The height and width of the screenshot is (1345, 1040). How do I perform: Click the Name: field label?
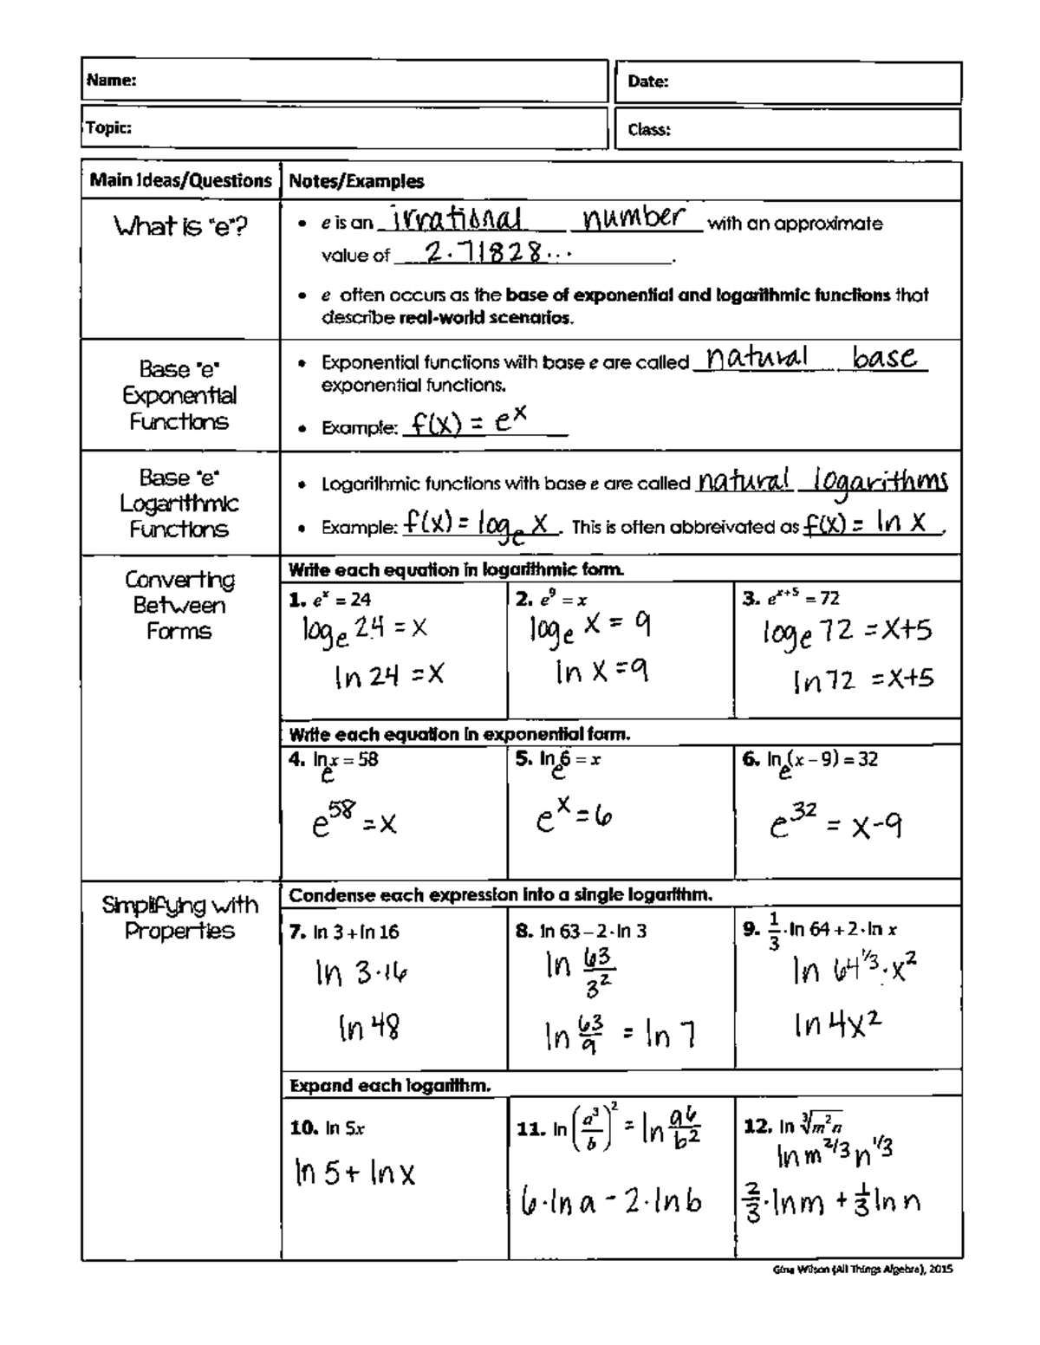point(112,81)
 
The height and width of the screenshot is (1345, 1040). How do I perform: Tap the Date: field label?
point(648,82)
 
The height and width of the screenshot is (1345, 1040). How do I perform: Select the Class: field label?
point(649,130)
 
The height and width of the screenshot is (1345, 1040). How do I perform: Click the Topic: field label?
point(109,128)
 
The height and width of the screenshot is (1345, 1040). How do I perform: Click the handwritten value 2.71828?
point(485,252)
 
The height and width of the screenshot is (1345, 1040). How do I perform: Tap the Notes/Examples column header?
point(356,181)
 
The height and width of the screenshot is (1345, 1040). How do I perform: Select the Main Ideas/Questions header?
point(180,180)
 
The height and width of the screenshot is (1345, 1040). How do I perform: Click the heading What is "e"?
point(180,227)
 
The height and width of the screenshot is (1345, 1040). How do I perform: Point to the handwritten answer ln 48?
point(369,1028)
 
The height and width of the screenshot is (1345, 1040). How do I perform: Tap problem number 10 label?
point(304,1127)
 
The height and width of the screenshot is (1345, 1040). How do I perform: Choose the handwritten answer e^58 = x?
point(354,822)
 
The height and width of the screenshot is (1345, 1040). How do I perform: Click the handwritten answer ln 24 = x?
point(389,675)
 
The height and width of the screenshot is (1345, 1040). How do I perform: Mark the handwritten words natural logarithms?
point(822,481)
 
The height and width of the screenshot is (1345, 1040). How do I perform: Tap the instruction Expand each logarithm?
point(390,1085)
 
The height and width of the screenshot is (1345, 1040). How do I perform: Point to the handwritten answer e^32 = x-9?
point(835,824)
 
